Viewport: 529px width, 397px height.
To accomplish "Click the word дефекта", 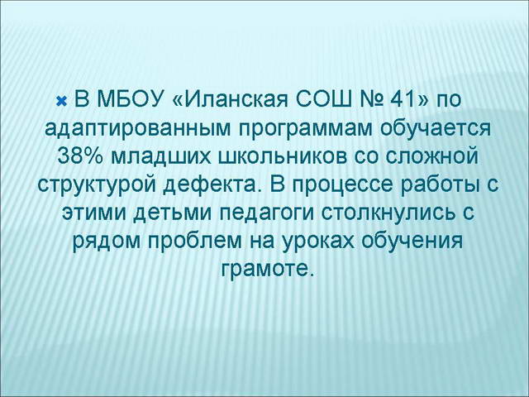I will [x=203, y=184].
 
